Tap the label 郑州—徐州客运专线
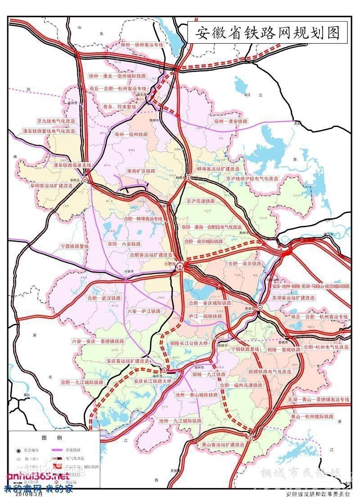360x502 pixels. (x=142, y=45)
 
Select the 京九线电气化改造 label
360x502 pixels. (x=56, y=121)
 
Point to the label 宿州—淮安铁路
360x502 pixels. (x=231, y=122)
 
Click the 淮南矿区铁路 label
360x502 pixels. (x=141, y=171)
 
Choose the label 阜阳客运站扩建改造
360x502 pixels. (x=51, y=185)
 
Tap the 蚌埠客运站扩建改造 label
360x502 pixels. (x=218, y=168)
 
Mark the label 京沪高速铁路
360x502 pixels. (x=201, y=201)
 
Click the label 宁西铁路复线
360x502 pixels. (x=75, y=246)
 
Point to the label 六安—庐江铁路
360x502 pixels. (x=144, y=311)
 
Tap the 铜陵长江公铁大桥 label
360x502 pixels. (x=189, y=343)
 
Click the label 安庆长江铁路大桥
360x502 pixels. (x=153, y=381)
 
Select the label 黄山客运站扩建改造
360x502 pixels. (x=223, y=444)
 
